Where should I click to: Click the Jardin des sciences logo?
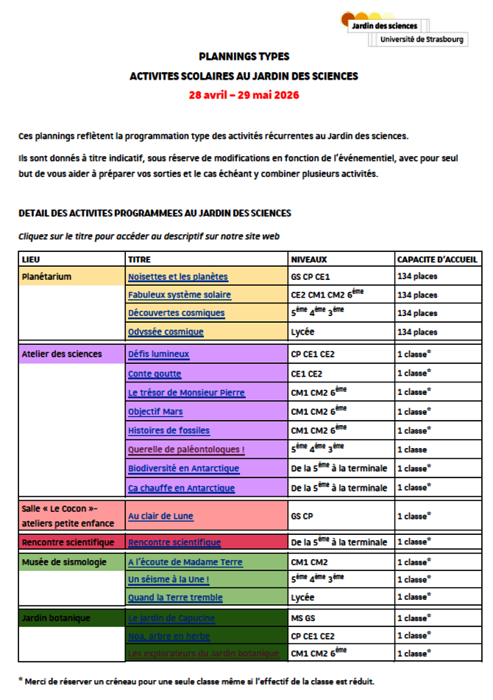tap(402, 29)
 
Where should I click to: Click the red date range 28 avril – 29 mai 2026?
tap(244, 95)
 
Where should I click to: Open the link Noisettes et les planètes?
tap(177, 277)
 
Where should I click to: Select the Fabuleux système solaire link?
tap(179, 295)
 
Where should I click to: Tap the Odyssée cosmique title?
tap(166, 332)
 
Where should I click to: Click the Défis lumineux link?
tap(158, 354)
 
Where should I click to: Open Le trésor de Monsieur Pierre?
tap(186, 392)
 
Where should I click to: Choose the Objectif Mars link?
tap(155, 411)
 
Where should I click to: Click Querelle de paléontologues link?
tap(186, 449)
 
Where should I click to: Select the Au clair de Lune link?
tap(160, 517)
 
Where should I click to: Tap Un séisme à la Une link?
tap(169, 579)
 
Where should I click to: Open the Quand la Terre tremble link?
tap(175, 598)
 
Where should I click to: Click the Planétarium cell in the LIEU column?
tap(46, 277)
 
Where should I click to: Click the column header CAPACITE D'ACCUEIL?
tap(437, 259)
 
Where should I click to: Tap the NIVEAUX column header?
tap(309, 259)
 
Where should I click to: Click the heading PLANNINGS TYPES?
tap(244, 56)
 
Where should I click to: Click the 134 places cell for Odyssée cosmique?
tap(417, 332)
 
